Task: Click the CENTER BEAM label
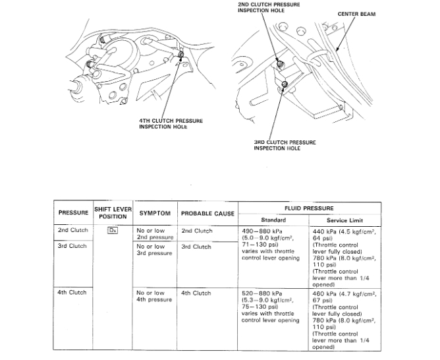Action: [356, 14]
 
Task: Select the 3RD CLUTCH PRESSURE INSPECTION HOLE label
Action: [285, 145]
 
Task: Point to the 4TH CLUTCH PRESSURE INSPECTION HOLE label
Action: [171, 123]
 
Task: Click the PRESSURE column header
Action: [74, 213]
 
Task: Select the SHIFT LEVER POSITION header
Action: [113, 212]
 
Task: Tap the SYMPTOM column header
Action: [154, 213]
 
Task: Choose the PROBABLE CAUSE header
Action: [208, 213]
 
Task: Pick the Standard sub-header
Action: [272, 220]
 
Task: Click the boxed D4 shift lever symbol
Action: [113, 231]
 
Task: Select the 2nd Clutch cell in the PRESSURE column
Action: [72, 231]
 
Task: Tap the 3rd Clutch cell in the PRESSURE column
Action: [72, 246]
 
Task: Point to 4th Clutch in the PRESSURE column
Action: [72, 293]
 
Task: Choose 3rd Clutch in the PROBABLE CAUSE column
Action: [196, 247]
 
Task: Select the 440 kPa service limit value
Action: [325, 231]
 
